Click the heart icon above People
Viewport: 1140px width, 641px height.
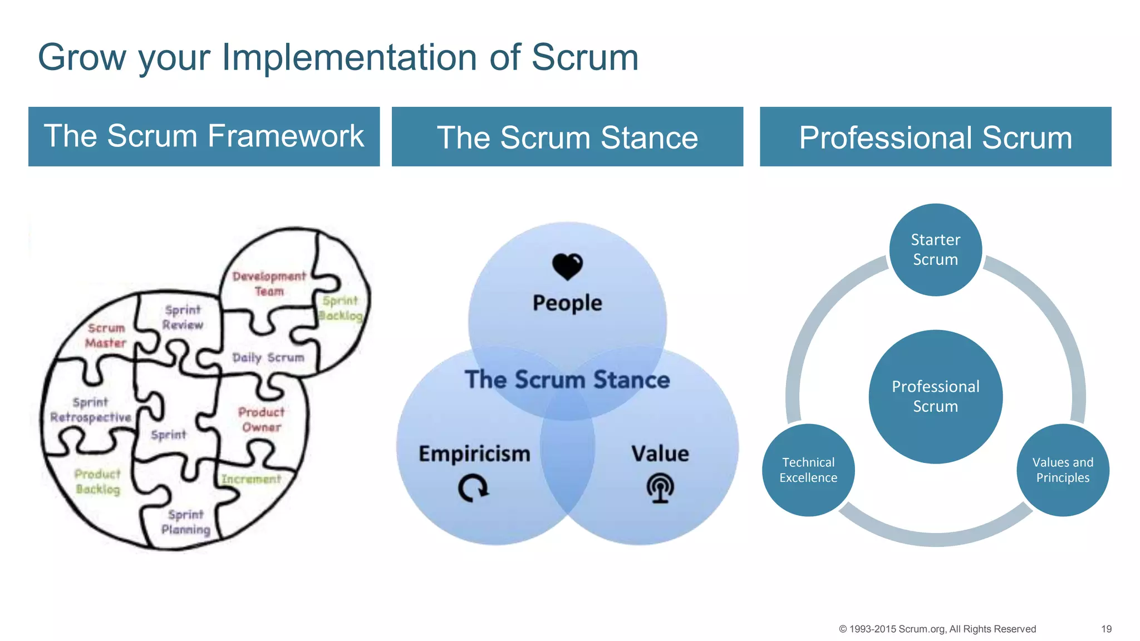[x=567, y=267]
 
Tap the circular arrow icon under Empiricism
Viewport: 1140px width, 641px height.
[x=473, y=488]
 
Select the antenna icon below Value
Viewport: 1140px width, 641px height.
[x=660, y=488]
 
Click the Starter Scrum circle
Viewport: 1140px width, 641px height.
[x=935, y=250]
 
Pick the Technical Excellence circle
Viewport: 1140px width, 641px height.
[x=808, y=470]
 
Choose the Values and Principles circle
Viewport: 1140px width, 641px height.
[x=1063, y=470]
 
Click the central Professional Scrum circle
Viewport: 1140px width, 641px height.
[x=935, y=396]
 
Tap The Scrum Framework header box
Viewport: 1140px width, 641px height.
[x=204, y=136]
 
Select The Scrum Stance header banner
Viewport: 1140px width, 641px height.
[x=567, y=136]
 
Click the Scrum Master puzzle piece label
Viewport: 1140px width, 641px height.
[x=106, y=336]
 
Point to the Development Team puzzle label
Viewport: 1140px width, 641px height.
[x=269, y=283]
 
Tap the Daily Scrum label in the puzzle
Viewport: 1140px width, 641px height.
[x=268, y=357]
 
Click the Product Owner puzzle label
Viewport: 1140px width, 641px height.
[x=261, y=420]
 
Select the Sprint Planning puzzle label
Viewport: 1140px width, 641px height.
[x=186, y=522]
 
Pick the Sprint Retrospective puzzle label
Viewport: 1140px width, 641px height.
[x=91, y=410]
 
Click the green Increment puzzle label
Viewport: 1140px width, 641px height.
[x=251, y=479]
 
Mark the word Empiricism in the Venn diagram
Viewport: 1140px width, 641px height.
[x=474, y=453]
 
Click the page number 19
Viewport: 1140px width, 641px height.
[x=1106, y=629]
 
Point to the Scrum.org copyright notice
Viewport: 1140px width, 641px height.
[x=937, y=629]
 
